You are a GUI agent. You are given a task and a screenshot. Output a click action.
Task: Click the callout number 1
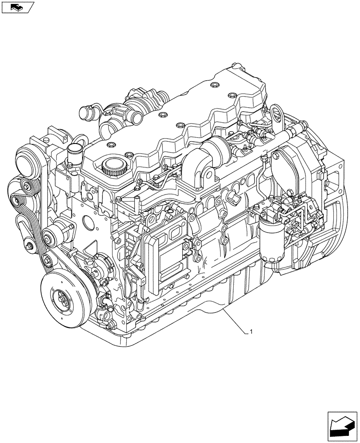[251, 331]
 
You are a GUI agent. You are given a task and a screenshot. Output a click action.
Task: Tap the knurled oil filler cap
[110, 167]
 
